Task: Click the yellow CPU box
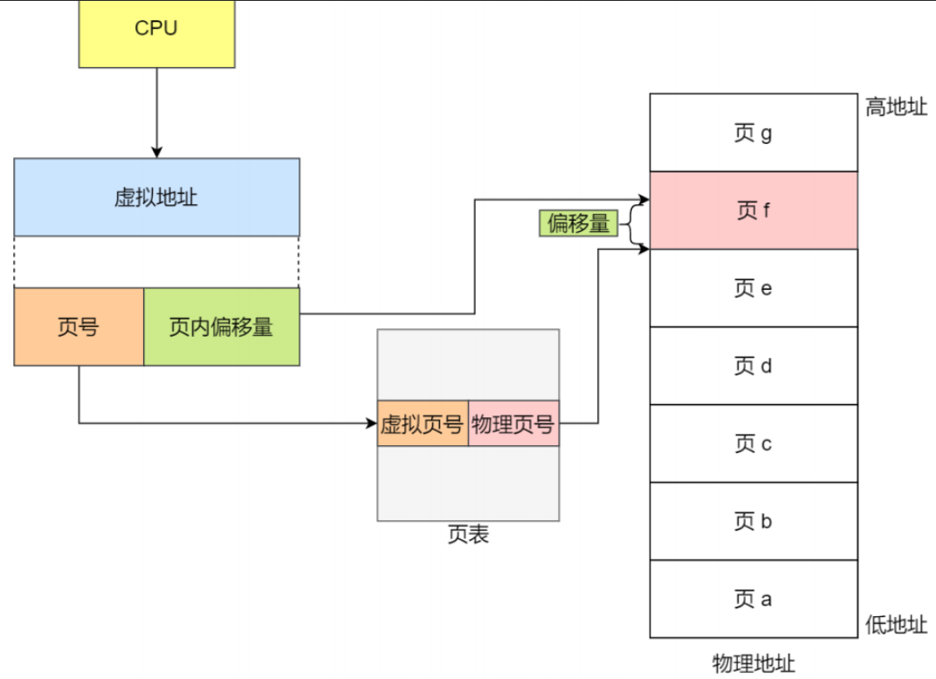(x=156, y=33)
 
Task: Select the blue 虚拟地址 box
(x=156, y=196)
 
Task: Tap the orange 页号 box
(x=79, y=326)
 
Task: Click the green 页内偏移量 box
(x=221, y=326)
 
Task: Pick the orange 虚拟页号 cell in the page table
(x=423, y=423)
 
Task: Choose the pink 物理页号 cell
(x=513, y=423)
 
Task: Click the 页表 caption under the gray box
(x=468, y=535)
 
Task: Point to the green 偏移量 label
(x=577, y=224)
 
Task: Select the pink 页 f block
(x=753, y=210)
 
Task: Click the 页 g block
(x=753, y=133)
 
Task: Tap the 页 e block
(x=753, y=288)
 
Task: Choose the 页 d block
(x=753, y=366)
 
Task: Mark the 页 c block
(x=753, y=443)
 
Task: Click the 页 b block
(x=753, y=521)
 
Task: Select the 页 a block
(x=753, y=599)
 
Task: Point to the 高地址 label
(x=896, y=107)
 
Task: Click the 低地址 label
(x=896, y=624)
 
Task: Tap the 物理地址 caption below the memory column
(x=753, y=663)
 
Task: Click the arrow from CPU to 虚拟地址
(x=157, y=112)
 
